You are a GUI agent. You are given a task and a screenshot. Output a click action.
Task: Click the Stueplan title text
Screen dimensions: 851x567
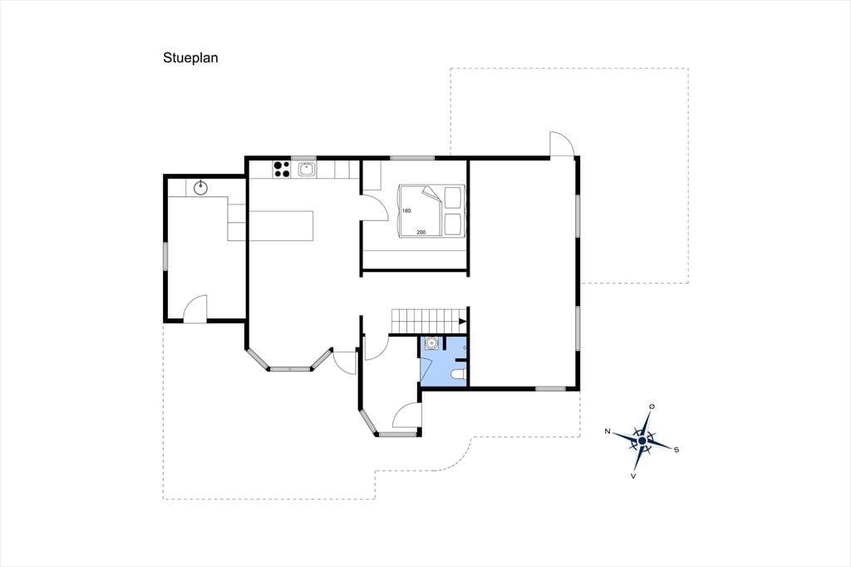(190, 58)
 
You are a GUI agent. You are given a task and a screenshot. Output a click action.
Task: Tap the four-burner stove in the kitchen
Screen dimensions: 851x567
(281, 170)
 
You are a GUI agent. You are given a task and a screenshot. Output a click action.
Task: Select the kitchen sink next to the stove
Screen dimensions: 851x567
(307, 170)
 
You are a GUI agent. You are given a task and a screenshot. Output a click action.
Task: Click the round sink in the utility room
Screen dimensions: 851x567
(201, 188)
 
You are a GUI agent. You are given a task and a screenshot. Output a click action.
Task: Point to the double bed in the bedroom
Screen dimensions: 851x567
(432, 211)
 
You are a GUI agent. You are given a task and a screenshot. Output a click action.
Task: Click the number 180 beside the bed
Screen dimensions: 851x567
(406, 210)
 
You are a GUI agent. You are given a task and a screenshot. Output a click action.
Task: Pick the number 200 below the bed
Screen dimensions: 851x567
(421, 233)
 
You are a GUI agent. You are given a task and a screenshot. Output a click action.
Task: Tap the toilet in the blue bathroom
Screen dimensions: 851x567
(459, 374)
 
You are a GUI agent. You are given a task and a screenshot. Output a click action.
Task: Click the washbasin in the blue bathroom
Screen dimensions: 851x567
(431, 344)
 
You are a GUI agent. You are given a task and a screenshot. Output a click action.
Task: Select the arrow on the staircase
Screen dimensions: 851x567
(463, 321)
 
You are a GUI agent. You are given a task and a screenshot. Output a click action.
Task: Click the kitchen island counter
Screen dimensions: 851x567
(281, 225)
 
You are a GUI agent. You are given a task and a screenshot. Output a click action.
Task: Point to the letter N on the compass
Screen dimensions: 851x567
(608, 431)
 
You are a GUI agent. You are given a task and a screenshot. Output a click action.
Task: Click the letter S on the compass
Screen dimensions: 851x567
(676, 449)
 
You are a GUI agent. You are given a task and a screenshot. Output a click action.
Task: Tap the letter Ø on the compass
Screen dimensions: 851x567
(652, 407)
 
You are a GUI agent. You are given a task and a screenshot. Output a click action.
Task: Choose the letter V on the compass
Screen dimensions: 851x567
(633, 476)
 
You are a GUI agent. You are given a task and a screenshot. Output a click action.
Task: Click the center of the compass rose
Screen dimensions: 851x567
(642, 441)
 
